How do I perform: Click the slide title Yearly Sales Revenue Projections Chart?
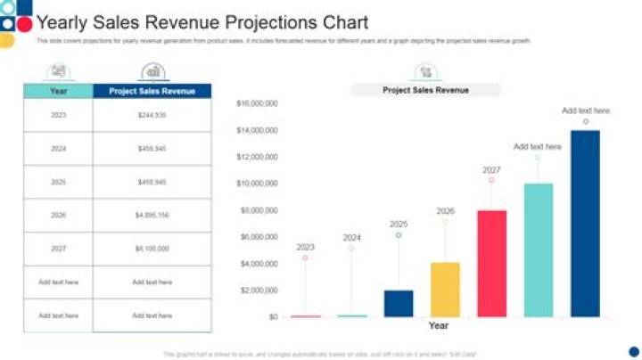coord(202,23)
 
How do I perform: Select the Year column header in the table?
coord(58,91)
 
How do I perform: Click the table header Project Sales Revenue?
coord(152,91)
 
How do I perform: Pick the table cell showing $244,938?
coord(152,115)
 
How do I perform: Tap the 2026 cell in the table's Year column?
coord(58,215)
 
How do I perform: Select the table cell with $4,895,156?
coord(152,215)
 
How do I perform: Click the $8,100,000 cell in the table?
coord(152,249)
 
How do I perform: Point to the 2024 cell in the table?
coord(58,149)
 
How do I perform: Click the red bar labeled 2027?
coord(491,263)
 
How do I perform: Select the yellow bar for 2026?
coord(445,289)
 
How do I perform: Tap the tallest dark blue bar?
coord(585,223)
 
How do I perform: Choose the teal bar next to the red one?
coord(538,250)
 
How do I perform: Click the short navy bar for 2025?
coord(399,303)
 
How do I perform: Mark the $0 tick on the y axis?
coord(272,316)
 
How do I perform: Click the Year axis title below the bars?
coord(438,326)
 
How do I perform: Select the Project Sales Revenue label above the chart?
coord(425,90)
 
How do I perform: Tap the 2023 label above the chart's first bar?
coord(305,247)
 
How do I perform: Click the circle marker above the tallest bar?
coord(586,122)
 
